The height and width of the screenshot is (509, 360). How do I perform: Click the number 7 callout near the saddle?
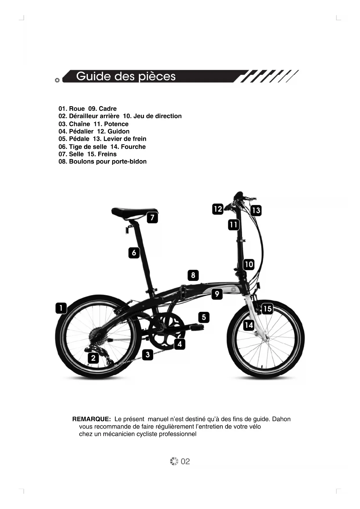152,218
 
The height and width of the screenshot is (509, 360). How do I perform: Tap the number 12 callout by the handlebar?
218,209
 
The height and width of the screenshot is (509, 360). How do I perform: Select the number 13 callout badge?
256,210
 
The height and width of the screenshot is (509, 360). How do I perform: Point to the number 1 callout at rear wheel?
61,308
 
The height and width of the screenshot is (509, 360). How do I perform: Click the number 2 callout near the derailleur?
93,358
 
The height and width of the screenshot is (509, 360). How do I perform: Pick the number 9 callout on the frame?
217,294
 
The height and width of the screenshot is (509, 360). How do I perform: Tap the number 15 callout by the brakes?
267,309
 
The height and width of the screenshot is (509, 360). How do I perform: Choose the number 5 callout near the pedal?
204,317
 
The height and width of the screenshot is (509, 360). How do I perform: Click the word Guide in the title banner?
93,76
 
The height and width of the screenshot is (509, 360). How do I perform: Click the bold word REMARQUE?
91,419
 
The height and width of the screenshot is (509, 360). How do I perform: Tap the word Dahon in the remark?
281,419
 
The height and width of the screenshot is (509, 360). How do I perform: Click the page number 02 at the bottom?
185,461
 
